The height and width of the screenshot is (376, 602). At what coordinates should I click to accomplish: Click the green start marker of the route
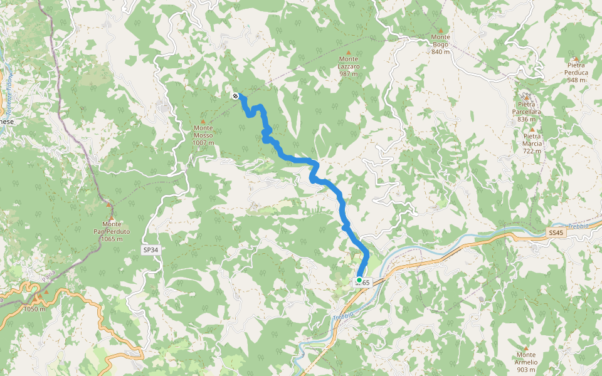coord(359,279)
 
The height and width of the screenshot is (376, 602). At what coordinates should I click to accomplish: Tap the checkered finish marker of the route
coord(235,96)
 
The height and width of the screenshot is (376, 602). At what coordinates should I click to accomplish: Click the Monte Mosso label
coord(203,138)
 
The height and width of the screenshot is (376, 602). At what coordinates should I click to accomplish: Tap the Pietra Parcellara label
coord(526,112)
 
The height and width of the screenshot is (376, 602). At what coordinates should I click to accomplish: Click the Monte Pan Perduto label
coord(112,231)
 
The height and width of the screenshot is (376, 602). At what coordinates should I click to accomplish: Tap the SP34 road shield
coord(150,249)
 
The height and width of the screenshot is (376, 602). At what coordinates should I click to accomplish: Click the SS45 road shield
coord(556,232)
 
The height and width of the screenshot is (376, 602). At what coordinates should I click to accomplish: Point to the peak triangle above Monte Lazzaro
coord(349,52)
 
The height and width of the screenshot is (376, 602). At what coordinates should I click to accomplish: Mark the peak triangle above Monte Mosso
coord(203,122)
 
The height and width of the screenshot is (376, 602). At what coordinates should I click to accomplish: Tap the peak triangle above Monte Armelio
coord(525,348)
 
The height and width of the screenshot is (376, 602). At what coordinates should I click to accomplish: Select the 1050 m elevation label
coord(35,309)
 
